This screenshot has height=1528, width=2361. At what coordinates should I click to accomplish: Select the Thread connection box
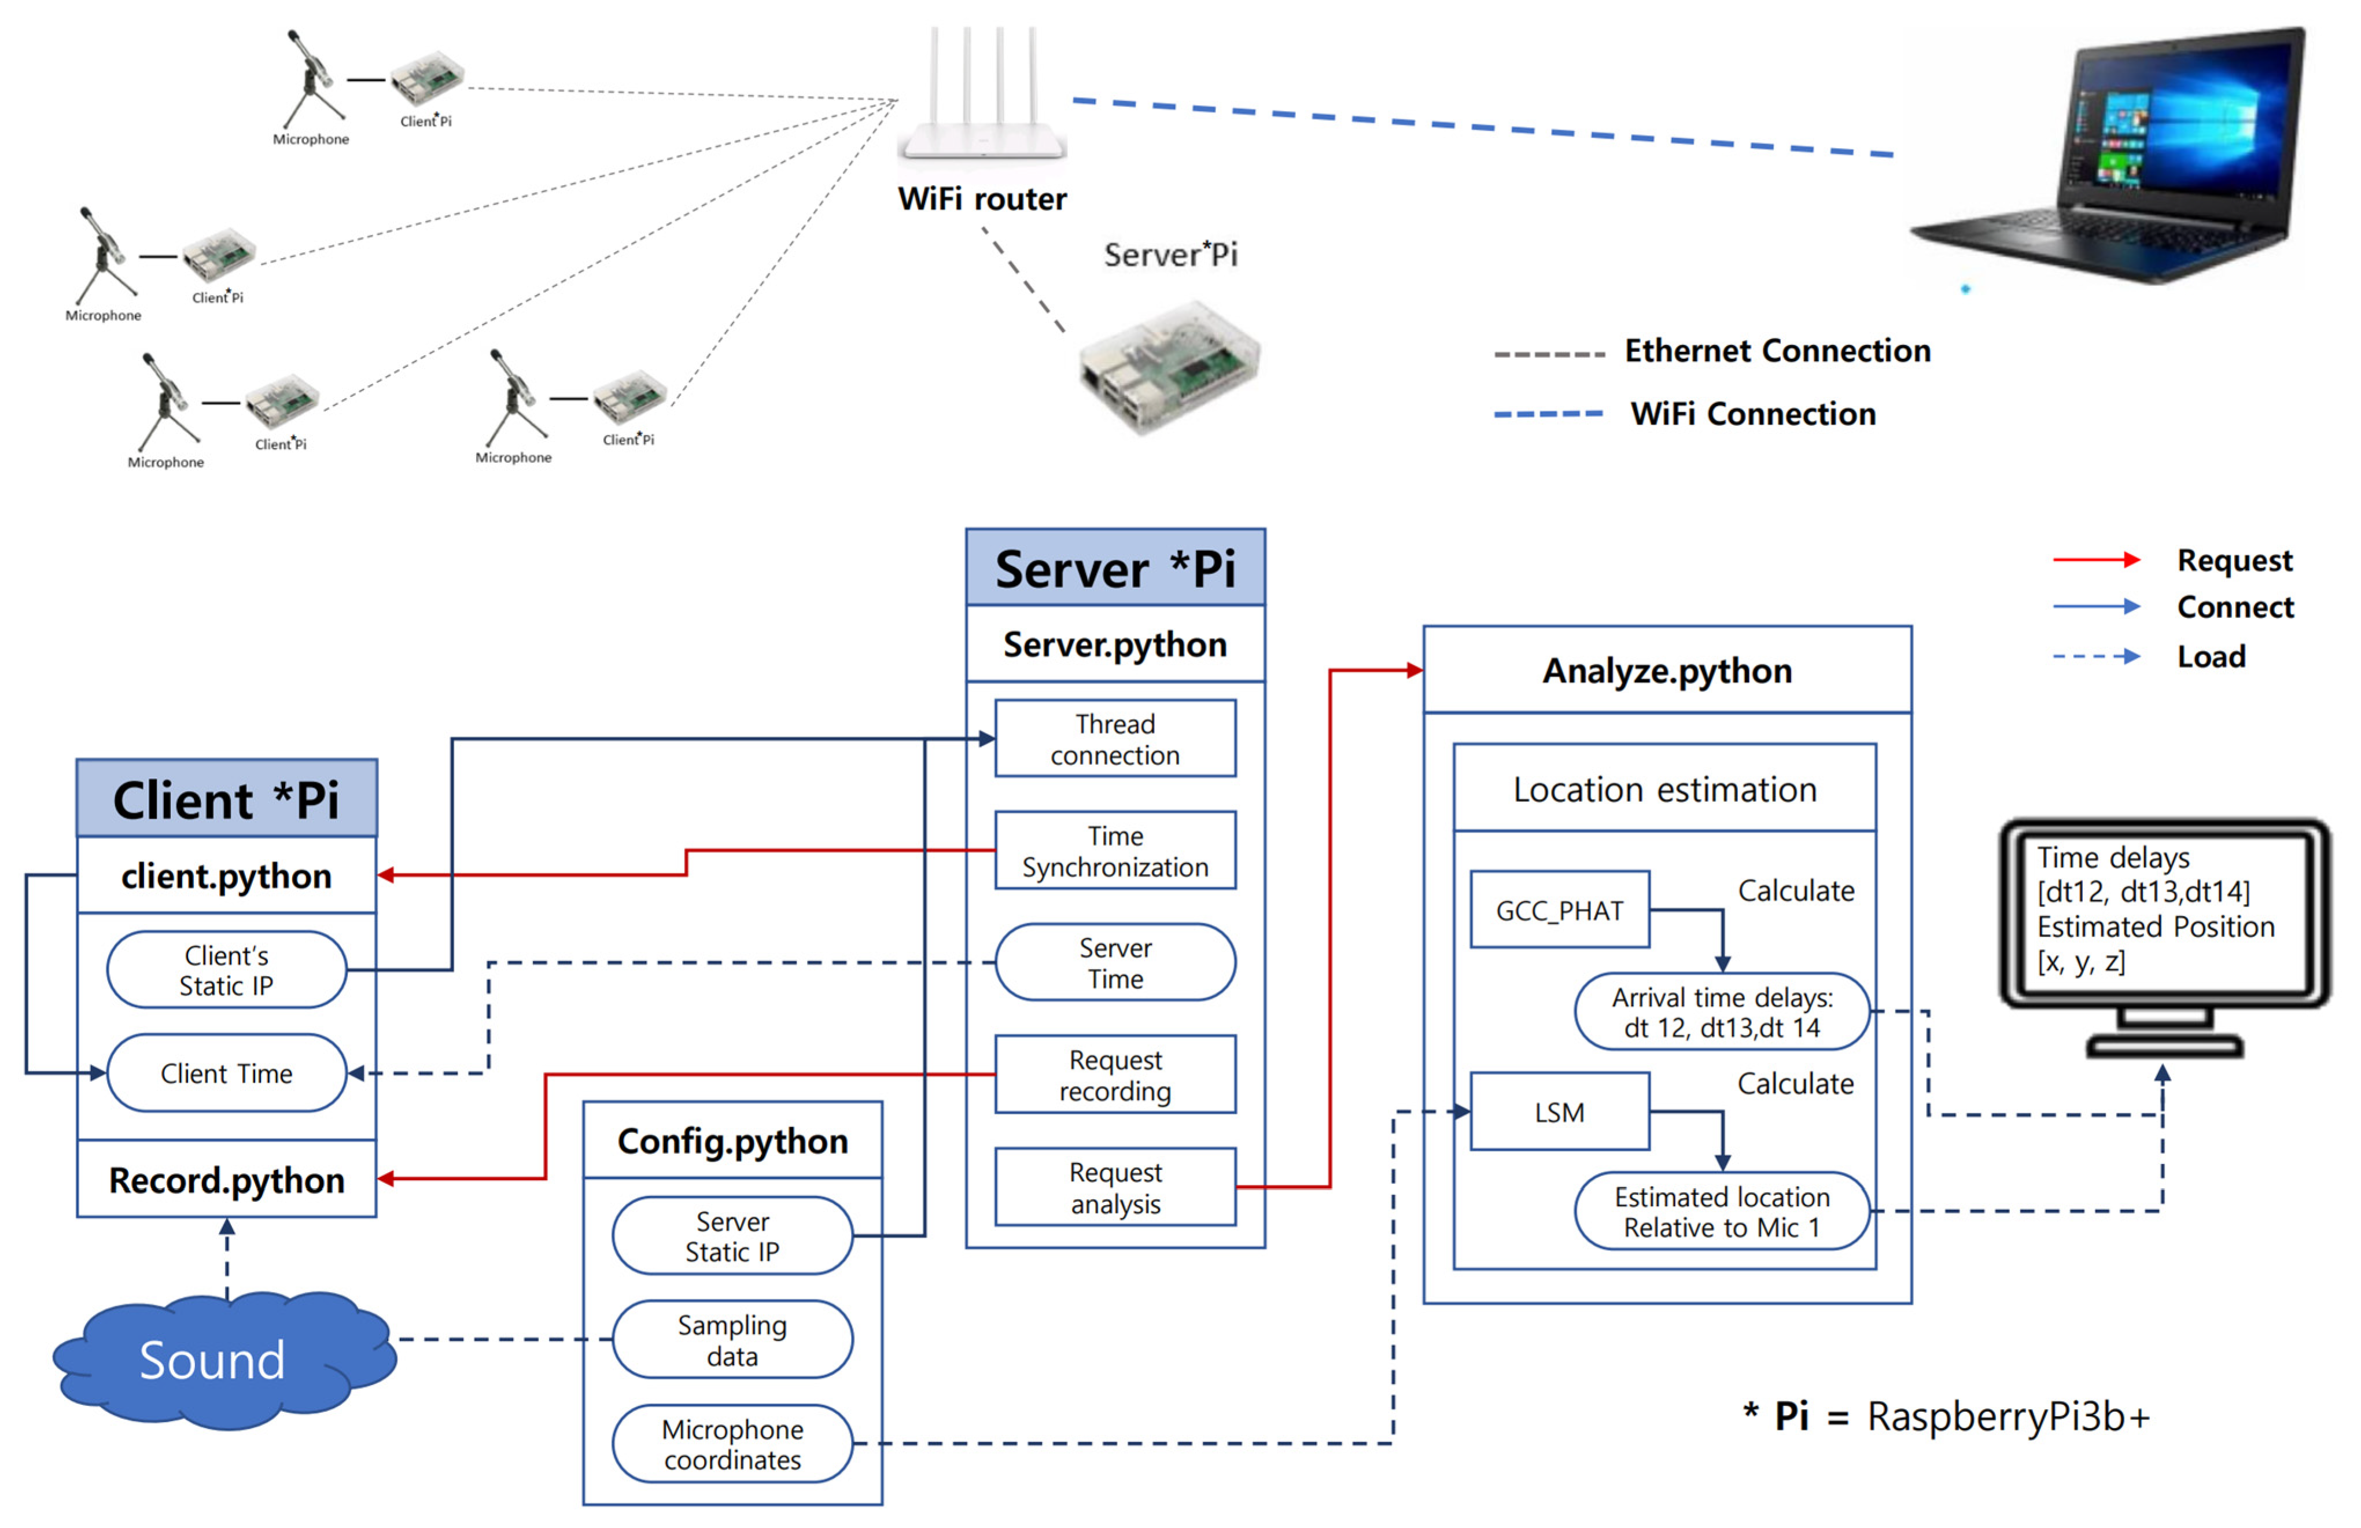click(1114, 739)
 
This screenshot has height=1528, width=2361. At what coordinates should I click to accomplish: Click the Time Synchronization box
click(1114, 851)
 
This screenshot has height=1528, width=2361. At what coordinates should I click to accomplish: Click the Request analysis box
click(1114, 1188)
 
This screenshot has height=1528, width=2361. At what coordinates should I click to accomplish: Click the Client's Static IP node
click(226, 970)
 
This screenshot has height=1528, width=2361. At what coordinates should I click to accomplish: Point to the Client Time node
click(226, 1074)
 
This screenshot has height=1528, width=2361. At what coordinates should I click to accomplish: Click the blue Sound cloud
click(213, 1359)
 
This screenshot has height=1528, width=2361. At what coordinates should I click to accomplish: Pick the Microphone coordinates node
click(732, 1445)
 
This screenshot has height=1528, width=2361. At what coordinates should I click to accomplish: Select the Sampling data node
click(732, 1341)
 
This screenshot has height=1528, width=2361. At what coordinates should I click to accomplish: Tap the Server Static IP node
click(732, 1236)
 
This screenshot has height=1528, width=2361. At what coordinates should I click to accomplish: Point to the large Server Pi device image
click(1170, 367)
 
